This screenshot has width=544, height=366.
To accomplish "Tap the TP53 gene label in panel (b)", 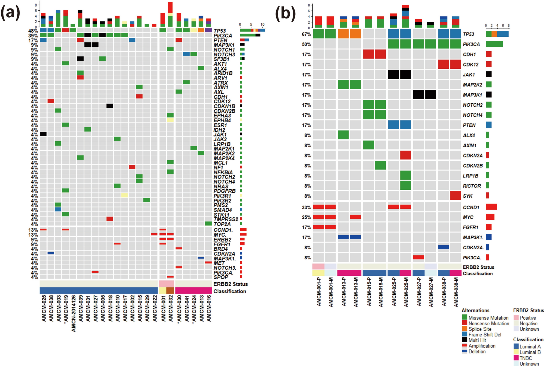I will pyautogui.click(x=468, y=34).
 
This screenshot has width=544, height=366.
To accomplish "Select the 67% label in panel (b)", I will pyautogui.click(x=306, y=34).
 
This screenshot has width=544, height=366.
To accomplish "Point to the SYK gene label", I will pyautogui.click(x=468, y=196).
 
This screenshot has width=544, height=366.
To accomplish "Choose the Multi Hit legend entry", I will pyautogui.click(x=477, y=340).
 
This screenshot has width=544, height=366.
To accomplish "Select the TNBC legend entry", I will pyautogui.click(x=525, y=358).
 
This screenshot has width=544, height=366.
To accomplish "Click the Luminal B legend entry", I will pyautogui.click(x=530, y=352).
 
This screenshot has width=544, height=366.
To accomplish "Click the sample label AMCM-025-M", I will pyautogui.click(x=406, y=292).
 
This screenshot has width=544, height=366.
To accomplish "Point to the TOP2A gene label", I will pyautogui.click(x=222, y=224).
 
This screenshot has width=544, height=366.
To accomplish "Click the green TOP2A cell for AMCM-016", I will pyautogui.click(x=208, y=224).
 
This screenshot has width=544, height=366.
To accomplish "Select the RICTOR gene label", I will pyautogui.click(x=472, y=186).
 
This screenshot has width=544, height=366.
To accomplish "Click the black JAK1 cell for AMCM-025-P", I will pyautogui.click(x=393, y=74).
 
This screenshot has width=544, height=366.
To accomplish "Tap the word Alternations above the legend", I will pyautogui.click(x=475, y=310).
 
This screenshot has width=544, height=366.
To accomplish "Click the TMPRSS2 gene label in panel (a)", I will pyautogui.click(x=226, y=219).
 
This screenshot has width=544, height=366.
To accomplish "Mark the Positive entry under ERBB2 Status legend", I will pyautogui.click(x=527, y=318).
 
